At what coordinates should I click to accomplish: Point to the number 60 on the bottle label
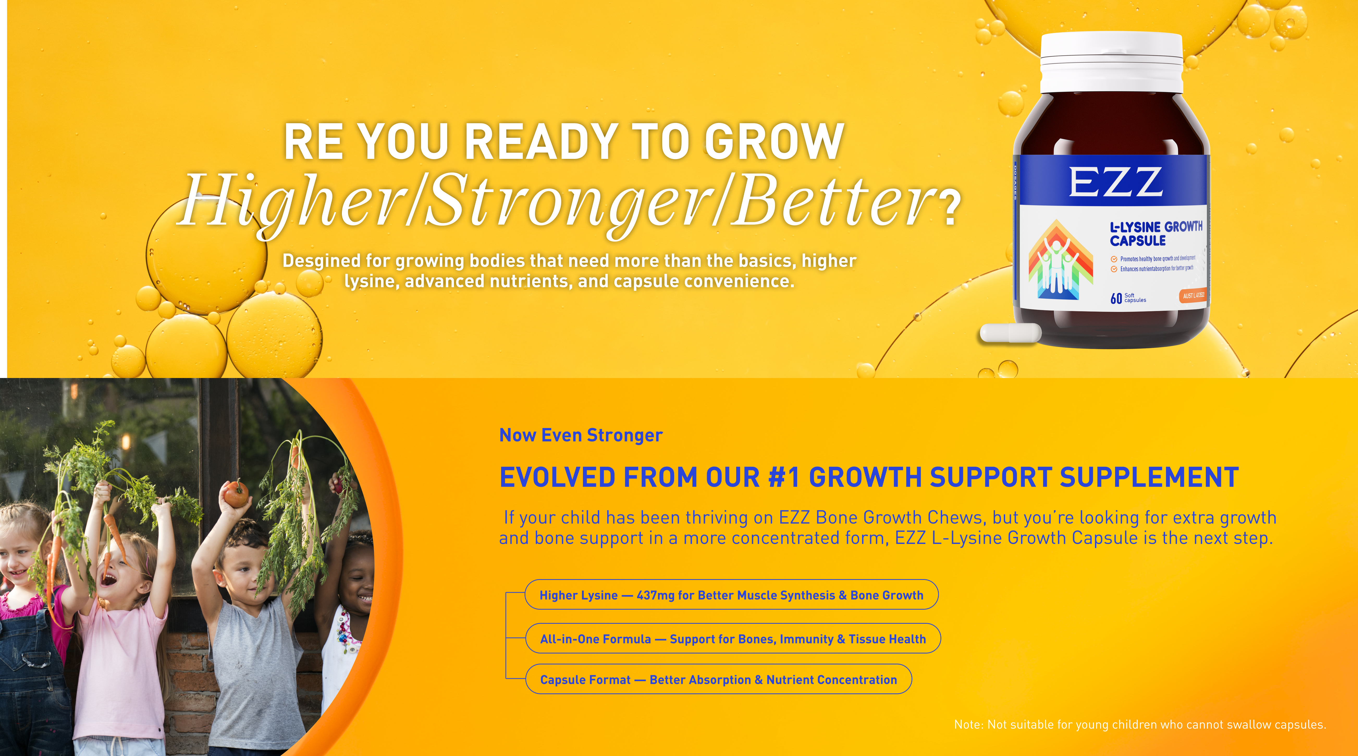(1116, 299)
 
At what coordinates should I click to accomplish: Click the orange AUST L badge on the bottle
(1193, 296)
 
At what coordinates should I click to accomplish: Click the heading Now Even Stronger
(580, 435)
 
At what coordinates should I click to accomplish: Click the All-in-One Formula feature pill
(733, 638)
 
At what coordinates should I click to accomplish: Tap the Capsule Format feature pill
(718, 679)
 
